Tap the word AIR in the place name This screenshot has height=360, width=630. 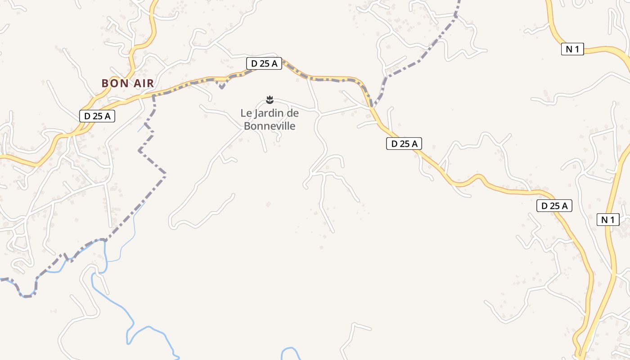(x=143, y=83)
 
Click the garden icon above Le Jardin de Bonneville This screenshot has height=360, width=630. (x=270, y=99)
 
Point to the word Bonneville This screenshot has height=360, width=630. (x=270, y=126)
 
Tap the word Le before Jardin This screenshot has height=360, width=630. (x=246, y=113)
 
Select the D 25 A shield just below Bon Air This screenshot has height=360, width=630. (x=97, y=116)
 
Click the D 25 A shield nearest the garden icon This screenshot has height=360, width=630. (x=264, y=64)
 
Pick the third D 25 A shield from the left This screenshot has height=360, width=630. (x=404, y=144)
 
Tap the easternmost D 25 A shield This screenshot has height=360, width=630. (x=554, y=206)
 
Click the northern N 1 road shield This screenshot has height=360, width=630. (x=572, y=49)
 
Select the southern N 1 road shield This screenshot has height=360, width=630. (x=607, y=220)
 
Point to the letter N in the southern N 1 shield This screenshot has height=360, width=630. (x=604, y=220)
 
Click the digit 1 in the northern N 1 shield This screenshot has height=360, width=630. (x=577, y=49)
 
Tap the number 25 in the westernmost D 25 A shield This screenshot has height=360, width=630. (x=96, y=116)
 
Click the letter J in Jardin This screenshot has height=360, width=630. (x=257, y=113)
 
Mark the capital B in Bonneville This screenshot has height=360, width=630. (x=247, y=126)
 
